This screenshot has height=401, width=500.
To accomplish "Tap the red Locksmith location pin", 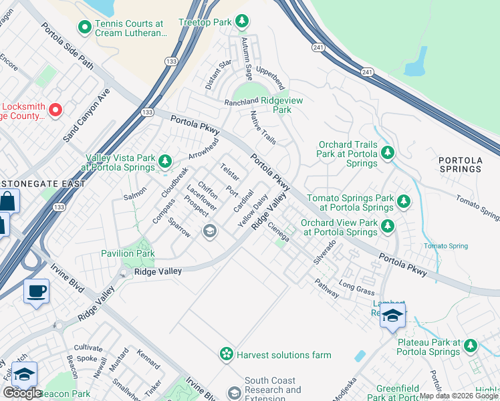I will point(55,110).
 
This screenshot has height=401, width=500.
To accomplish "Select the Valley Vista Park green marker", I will point(165,161).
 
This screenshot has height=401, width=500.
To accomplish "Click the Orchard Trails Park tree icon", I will point(387,153).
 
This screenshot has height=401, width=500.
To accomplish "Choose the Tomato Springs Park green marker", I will point(403,201).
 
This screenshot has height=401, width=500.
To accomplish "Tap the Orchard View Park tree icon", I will point(387,227).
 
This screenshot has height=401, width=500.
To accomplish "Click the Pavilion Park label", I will point(128,253).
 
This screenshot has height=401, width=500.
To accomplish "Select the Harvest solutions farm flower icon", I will point(227,354).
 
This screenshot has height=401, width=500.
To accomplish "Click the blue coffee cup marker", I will point(36,291).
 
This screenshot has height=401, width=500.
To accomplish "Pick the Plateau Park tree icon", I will point(471,346).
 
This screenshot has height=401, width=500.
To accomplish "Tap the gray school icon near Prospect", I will point(209,231).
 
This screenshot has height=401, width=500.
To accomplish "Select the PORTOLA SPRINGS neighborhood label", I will point(460,164).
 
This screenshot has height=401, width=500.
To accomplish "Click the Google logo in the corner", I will point(22,393).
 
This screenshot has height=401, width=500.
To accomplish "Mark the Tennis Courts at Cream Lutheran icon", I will point(84,27).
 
